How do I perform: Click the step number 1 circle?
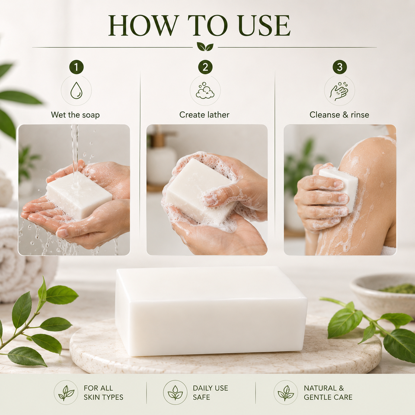[x=76, y=67]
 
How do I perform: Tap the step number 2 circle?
[x=205, y=67]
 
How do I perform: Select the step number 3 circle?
[x=340, y=67]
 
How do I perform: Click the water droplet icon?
[x=76, y=90]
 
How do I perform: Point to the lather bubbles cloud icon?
[x=205, y=90]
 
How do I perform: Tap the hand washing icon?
[x=339, y=91]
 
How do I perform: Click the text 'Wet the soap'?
[x=75, y=115]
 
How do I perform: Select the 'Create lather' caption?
[x=204, y=115]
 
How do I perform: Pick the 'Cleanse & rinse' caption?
[x=339, y=115]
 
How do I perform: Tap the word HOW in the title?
[x=142, y=26]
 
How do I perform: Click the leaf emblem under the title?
[x=205, y=46]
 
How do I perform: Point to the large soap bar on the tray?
[x=211, y=311]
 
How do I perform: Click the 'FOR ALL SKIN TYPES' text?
[x=103, y=393]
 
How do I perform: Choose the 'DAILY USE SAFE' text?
[x=211, y=393]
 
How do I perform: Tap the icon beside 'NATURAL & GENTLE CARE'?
[x=286, y=393]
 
